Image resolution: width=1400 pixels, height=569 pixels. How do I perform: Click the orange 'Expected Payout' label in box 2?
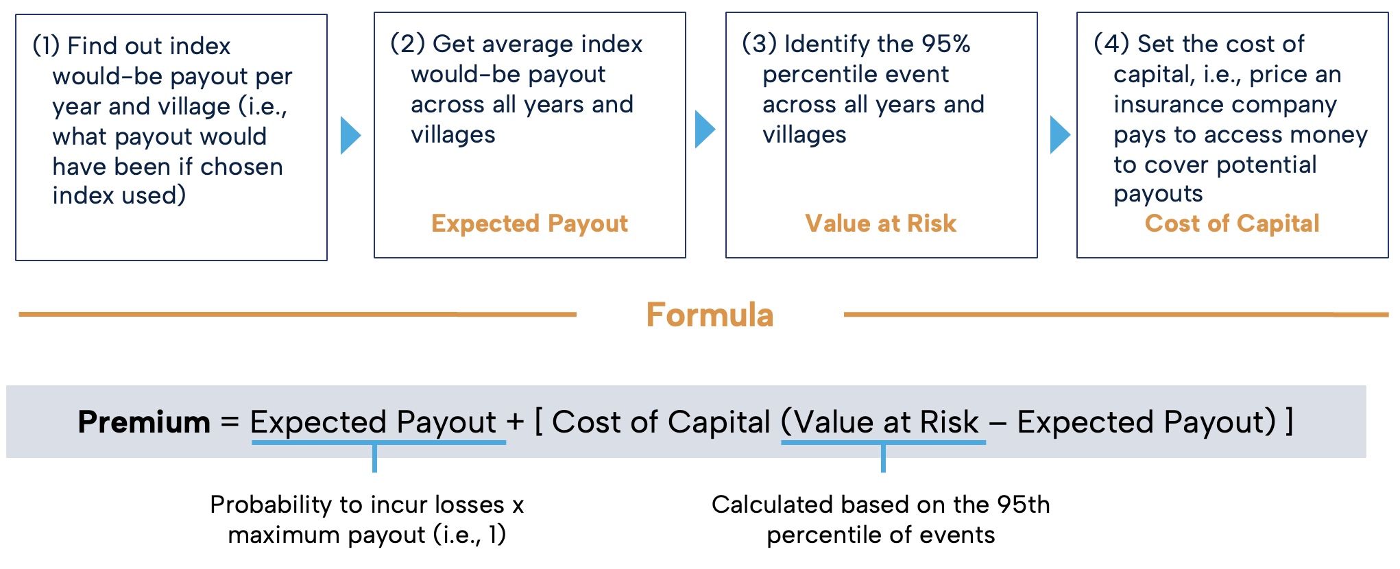click(529, 223)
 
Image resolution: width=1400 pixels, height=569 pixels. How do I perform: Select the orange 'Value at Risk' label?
click(881, 223)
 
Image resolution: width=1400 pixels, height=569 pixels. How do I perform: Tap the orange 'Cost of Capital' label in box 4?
click(1232, 223)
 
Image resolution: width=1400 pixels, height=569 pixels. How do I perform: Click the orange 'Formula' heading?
click(710, 315)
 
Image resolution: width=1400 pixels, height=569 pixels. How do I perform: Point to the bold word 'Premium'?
click(144, 422)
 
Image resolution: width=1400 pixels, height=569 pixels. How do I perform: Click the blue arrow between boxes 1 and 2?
click(350, 135)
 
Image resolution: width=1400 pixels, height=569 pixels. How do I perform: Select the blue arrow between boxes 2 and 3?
click(705, 129)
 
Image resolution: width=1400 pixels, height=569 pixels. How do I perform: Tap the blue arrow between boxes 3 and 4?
click(1060, 135)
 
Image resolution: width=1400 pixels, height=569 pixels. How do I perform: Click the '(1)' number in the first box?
click(46, 46)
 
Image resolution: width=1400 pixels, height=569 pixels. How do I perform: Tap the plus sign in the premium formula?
click(515, 422)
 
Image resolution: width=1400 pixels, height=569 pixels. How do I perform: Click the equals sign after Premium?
click(230, 422)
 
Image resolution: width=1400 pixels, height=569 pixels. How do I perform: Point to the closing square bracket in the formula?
click(1290, 422)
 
